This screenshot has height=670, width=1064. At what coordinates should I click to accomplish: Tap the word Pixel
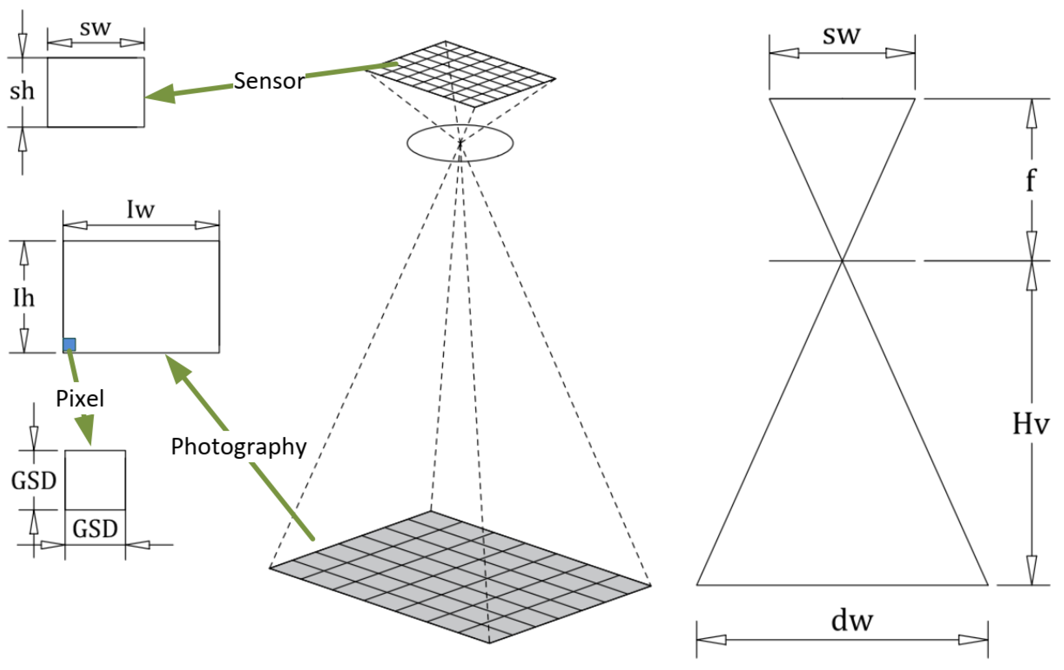80,399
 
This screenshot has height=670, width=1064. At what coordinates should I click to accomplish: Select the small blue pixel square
69,344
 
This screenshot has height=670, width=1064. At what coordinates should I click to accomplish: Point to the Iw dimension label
141,209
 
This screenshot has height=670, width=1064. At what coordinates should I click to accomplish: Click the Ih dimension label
23,298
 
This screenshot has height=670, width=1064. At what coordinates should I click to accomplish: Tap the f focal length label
1031,180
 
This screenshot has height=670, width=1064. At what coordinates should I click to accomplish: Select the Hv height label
1031,423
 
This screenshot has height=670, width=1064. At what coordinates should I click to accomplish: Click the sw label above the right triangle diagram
841,35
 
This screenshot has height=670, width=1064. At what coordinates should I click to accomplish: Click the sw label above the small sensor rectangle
95,28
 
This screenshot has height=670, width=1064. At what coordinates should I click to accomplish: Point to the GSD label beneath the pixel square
95,529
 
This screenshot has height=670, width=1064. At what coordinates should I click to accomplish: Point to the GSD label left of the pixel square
33,481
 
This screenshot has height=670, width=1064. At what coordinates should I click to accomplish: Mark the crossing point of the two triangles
842,261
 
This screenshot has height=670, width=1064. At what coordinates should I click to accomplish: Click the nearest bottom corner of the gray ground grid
489,643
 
